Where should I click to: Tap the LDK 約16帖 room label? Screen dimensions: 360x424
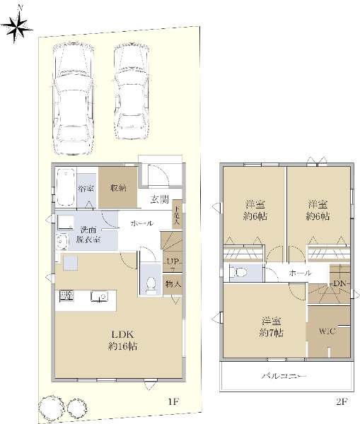122,341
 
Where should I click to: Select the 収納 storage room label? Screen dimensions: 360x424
118,188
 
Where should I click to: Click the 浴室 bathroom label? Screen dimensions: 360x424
86,188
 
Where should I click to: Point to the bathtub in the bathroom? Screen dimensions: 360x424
66,187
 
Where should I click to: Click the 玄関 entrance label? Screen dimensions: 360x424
160,199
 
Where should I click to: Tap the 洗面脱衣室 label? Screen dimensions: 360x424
88,235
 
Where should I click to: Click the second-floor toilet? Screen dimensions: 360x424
238,272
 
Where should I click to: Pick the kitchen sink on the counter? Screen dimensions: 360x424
99,296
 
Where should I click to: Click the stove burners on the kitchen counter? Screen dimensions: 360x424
66,295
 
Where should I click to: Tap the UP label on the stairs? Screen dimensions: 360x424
173,261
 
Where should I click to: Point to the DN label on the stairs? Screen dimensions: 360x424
339,283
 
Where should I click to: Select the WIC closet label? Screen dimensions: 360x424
327,331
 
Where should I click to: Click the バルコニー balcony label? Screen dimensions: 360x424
284,376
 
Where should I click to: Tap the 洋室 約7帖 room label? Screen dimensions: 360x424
271,327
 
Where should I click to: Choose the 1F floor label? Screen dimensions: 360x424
173,401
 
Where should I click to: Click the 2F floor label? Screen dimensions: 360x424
342,401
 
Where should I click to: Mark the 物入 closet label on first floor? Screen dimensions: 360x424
173,284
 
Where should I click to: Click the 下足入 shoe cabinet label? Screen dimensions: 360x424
177,216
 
